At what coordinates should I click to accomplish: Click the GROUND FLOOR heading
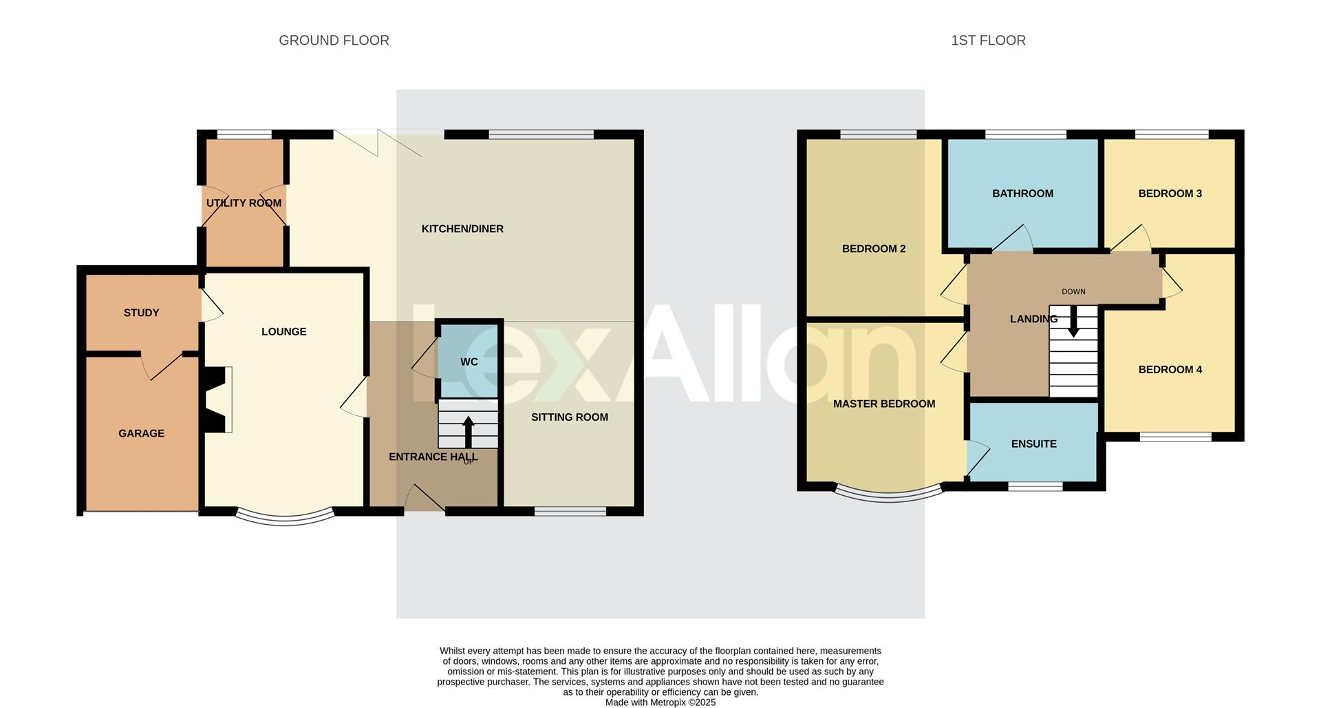pyautogui.click(x=334, y=41)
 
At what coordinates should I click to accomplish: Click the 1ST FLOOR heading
pyautogui.click(x=988, y=41)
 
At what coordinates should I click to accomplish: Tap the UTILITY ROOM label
pyautogui.click(x=244, y=203)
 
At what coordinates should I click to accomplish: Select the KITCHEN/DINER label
pyautogui.click(x=462, y=229)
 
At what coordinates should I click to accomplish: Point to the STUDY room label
pyautogui.click(x=141, y=313)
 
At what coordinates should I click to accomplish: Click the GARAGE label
pyautogui.click(x=141, y=433)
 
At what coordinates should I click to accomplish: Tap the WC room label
pyautogui.click(x=469, y=362)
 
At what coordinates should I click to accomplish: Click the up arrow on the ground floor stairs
pyautogui.click(x=468, y=432)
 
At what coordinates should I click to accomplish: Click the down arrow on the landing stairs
pyautogui.click(x=1073, y=322)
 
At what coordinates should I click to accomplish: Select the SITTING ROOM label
pyautogui.click(x=569, y=417)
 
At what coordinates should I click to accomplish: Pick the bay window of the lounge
pyautogui.click(x=285, y=518)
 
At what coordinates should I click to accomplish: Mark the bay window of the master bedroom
pyautogui.click(x=888, y=494)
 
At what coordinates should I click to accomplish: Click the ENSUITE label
pyautogui.click(x=1033, y=444)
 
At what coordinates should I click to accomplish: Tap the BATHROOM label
pyautogui.click(x=1022, y=194)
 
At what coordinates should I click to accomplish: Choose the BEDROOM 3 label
pyautogui.click(x=1170, y=194)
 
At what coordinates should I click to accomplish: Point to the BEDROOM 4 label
pyautogui.click(x=1170, y=369)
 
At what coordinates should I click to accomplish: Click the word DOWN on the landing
pyautogui.click(x=1073, y=291)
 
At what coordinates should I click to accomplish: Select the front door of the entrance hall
pyautogui.click(x=425, y=499)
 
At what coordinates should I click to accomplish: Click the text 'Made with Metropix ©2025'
pyautogui.click(x=660, y=702)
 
